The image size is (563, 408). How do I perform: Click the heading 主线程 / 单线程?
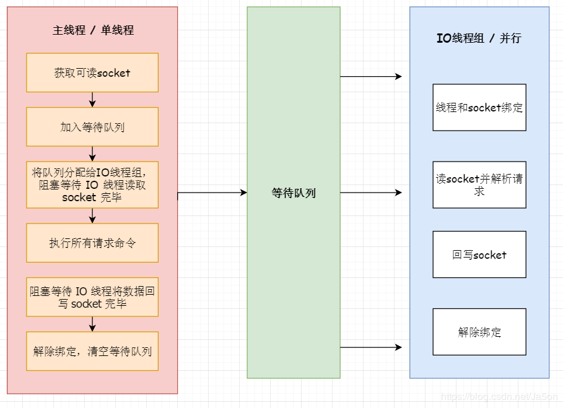pos(93,30)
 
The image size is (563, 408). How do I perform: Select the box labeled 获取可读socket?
pos(92,72)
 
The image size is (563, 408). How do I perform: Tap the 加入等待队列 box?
pos(92,127)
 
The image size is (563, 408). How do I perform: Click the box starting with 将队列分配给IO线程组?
pos(92,184)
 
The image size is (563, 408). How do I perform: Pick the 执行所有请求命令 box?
pos(92,243)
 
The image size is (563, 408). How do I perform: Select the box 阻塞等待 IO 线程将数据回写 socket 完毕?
pos(92,297)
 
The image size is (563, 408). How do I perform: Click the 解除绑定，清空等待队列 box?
pos(92,351)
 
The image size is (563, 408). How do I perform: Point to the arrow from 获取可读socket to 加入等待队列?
pos(92,100)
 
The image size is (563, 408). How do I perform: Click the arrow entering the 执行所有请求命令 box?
pos(92,215)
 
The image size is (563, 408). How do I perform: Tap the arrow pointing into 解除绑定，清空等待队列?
pos(92,324)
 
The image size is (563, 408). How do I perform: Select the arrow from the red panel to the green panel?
pos(212,193)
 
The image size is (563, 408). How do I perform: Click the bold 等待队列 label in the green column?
pos(294,193)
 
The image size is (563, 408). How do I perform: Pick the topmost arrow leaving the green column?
pos(371,77)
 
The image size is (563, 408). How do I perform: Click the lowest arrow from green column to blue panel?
pos(371,347)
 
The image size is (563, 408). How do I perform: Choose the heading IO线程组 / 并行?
pos(479,38)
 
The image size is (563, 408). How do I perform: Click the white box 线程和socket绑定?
pos(479,108)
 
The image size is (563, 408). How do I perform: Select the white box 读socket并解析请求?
pos(479,184)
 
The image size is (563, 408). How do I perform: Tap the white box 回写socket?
pos(479,254)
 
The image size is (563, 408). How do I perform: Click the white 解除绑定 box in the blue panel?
pos(479,332)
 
